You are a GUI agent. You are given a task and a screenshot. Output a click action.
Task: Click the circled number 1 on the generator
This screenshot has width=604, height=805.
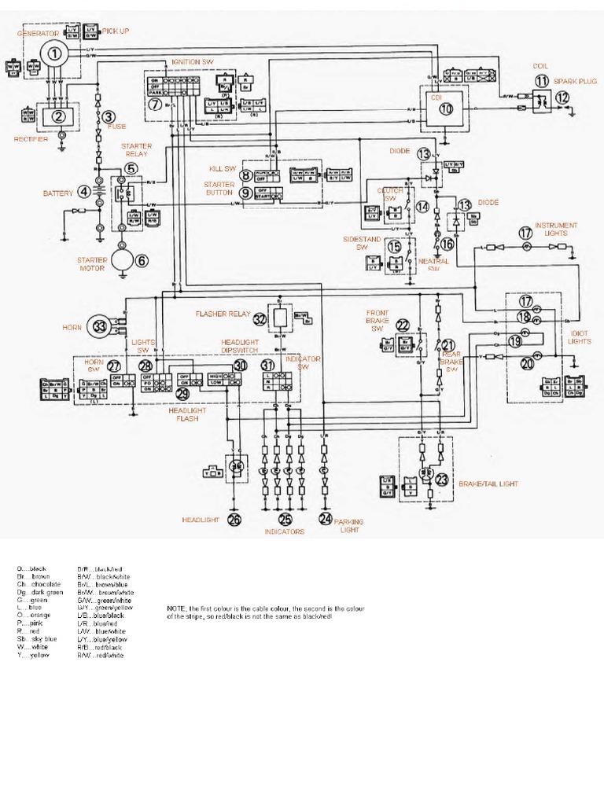coord(53,53)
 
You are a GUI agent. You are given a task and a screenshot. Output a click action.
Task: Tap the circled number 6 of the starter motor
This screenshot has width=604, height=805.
coord(142,261)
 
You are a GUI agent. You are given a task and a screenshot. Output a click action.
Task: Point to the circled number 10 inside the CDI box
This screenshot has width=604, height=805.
coord(446,109)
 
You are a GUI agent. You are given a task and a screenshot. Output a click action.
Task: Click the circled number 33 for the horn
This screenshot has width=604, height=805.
coord(99,325)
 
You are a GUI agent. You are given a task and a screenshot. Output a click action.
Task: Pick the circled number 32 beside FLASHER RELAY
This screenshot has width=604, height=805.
coord(260,318)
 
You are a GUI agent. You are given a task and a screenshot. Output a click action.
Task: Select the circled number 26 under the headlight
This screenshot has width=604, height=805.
coord(234,519)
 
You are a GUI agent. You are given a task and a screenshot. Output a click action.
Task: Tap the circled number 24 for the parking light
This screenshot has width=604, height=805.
coord(326,519)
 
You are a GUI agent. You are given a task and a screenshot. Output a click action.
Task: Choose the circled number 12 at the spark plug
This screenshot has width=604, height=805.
coord(562,97)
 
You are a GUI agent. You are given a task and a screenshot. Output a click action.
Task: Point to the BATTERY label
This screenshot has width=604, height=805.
coord(57,193)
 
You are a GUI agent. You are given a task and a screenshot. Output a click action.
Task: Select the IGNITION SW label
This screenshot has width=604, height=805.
coord(191,61)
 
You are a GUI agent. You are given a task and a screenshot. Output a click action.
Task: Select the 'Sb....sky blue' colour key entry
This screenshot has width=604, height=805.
coord(37,639)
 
